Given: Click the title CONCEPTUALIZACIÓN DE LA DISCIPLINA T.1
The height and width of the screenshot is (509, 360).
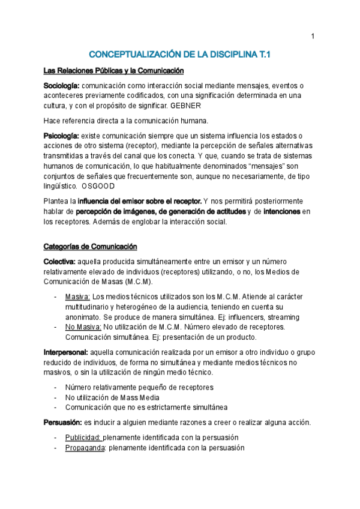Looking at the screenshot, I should coord(180,55).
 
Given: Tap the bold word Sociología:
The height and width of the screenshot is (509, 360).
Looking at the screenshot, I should coord(61,86).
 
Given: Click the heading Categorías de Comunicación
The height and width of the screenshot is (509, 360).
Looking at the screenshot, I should coord(91,247).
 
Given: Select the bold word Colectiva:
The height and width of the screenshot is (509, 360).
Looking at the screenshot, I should coord(59,262).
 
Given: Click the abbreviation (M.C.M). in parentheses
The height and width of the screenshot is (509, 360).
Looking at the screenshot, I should coord(136,282).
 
